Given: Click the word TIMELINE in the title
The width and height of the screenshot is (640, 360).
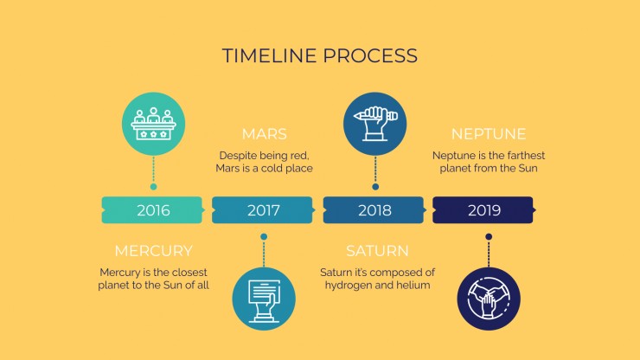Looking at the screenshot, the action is pos(269,55).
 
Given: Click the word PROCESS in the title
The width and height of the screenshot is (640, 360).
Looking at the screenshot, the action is pos(371,55).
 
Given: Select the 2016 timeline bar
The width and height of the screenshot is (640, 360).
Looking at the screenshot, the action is pos(153,210).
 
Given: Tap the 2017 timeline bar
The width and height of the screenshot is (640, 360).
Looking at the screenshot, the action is pos(263,210).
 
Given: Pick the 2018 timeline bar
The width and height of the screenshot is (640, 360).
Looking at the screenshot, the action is pos(374,210).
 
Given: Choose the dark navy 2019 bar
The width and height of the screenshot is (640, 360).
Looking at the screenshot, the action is pos(483,210).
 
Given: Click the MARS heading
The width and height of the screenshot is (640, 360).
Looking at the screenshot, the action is pos(264,134).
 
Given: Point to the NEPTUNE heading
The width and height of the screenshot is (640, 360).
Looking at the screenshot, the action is pos(489,134).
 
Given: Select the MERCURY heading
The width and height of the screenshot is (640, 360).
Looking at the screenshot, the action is pos(153,251).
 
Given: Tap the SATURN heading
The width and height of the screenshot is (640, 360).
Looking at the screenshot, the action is pos(377,251).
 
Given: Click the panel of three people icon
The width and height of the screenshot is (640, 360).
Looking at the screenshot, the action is pos(153,124).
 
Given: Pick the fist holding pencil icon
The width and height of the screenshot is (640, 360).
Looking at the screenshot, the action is pos(374,124).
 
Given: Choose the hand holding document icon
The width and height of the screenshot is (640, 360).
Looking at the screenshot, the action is pos(264,299).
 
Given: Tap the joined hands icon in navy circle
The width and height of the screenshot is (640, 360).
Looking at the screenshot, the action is pos(489,299).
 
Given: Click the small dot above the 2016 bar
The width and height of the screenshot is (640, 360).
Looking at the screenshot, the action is pos(153,187).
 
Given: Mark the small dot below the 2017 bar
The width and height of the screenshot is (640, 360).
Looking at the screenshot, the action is pos(264,236).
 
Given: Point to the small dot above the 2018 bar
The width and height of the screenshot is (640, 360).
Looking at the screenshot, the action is pos(375,187).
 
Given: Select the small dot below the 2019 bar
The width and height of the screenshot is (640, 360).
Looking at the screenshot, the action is pos(489,236).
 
